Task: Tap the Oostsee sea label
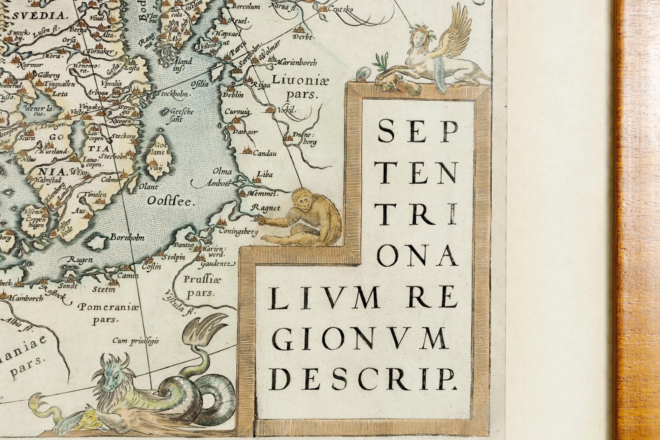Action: point(169,201)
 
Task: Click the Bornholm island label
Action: point(127,238)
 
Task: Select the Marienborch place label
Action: point(295,62)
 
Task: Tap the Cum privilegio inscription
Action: point(136,341)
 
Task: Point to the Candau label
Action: point(265,153)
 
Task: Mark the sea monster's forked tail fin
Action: point(211,322)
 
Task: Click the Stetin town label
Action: point(103,290)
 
